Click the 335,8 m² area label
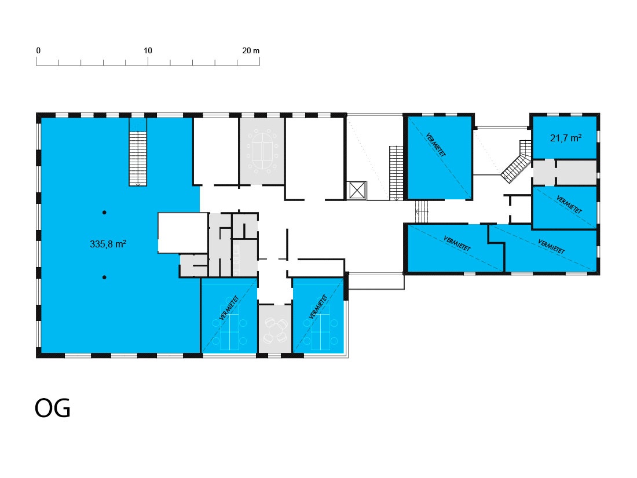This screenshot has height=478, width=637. pos(108,244)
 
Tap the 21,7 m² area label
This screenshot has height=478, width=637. pos(566,138)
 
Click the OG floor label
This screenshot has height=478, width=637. pos(52,408)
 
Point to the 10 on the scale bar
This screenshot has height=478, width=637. pos(148,50)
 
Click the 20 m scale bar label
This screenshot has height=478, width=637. pos(251,50)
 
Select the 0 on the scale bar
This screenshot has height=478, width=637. pos(38,50)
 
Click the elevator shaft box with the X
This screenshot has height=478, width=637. pos(357,190)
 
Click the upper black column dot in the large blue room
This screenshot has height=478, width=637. pos(104,213)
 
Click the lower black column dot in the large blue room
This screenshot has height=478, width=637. pos(104,277)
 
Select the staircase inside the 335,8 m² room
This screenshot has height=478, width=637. pos(138,159)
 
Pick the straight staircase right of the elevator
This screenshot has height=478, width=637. pos(396,173)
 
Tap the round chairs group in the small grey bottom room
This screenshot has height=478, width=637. pos(276,330)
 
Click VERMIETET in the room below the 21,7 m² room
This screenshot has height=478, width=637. pos(569,205)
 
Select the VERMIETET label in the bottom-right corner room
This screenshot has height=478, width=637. pos(551,247)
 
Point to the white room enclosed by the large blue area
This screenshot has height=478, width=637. pos(183,232)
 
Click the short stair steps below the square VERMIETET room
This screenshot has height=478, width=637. pos(422,211)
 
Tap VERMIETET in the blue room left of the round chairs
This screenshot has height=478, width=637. pos(229,307)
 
